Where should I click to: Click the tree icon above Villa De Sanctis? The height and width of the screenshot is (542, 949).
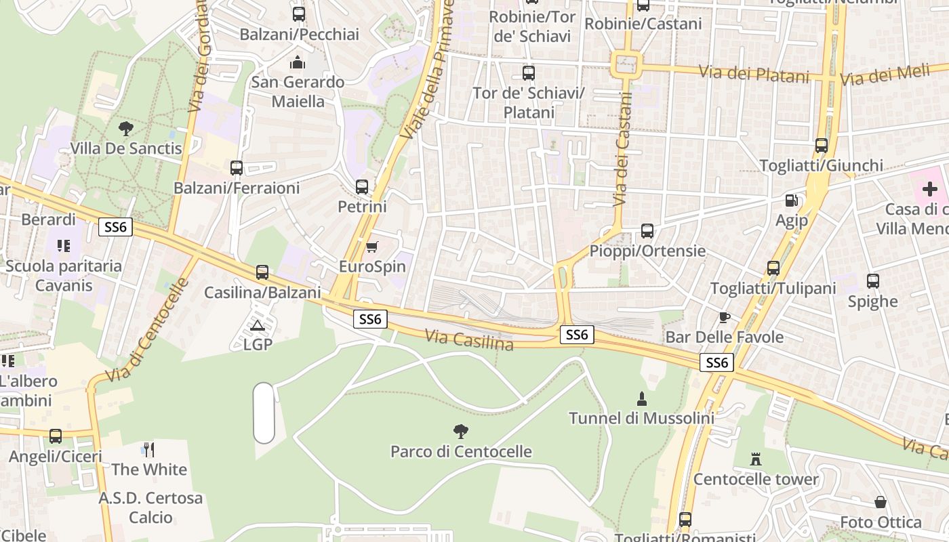pyautogui.click(x=125, y=128)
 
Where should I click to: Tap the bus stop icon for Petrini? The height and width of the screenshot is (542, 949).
pyautogui.click(x=362, y=186)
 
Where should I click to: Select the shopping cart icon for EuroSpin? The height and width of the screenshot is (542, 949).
pyautogui.click(x=371, y=247)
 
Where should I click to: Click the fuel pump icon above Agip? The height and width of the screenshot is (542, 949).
pyautogui.click(x=790, y=201)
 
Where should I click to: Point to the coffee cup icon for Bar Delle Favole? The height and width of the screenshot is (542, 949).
pyautogui.click(x=724, y=317)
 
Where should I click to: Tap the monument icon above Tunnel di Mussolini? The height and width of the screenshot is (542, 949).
pyautogui.click(x=641, y=398)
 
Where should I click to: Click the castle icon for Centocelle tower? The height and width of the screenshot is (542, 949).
pyautogui.click(x=756, y=459)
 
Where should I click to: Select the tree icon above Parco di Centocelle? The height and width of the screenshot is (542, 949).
pyautogui.click(x=461, y=431)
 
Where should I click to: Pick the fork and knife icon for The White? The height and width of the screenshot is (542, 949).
pyautogui.click(x=148, y=449)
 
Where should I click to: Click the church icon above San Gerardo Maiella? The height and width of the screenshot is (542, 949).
pyautogui.click(x=298, y=62)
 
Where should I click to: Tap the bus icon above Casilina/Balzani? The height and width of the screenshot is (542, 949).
pyautogui.click(x=262, y=272)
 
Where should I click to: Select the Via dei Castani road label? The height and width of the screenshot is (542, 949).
pyautogui.click(x=622, y=149)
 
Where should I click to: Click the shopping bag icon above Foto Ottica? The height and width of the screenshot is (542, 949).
pyautogui.click(x=880, y=502)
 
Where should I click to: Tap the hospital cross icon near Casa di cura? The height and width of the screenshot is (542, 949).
pyautogui.click(x=930, y=189)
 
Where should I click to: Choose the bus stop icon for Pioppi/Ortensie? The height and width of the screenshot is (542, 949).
pyautogui.click(x=647, y=231)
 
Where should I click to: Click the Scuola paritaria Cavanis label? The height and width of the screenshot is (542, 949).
pyautogui.click(x=64, y=275)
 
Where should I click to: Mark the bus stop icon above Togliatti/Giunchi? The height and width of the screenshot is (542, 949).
pyautogui.click(x=821, y=146)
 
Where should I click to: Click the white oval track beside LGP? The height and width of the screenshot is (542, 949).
pyautogui.click(x=264, y=413)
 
